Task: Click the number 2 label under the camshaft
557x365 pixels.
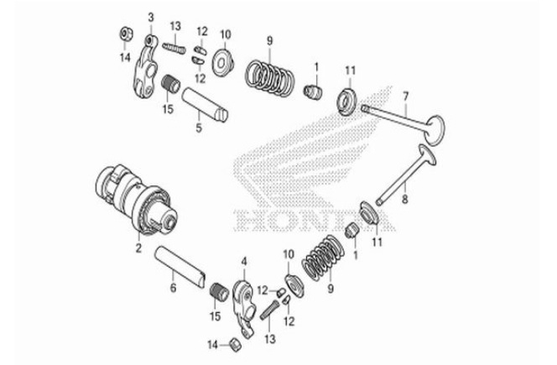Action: click(138, 249)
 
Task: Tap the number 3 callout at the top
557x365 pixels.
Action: click(151, 17)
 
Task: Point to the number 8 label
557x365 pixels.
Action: click(404, 199)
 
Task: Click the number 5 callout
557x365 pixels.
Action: click(199, 128)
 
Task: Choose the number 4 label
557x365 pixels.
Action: click(243, 263)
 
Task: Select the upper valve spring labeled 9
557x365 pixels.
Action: click(268, 74)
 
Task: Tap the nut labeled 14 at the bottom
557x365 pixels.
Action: click(237, 343)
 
